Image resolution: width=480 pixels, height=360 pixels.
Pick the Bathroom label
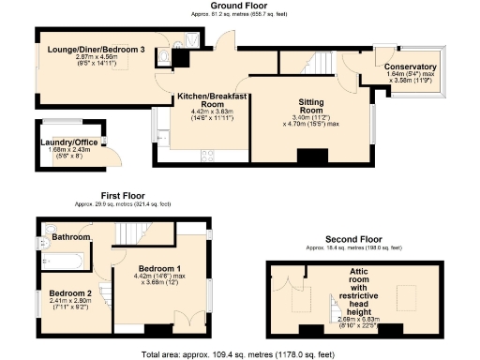pyautogui.click(x=70, y=237)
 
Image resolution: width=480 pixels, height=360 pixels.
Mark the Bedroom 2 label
pyautogui.click(x=70, y=292)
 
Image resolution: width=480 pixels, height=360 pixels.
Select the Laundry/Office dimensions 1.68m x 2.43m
pyautogui.click(x=66, y=154)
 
